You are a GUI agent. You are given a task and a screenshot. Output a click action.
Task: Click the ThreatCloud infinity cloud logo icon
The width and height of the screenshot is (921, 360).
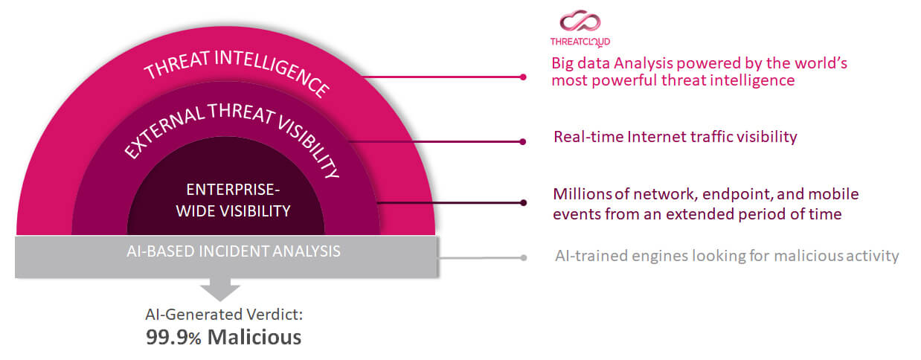(x=580, y=21)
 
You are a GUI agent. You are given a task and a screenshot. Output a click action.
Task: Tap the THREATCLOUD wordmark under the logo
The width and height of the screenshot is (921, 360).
(x=580, y=42)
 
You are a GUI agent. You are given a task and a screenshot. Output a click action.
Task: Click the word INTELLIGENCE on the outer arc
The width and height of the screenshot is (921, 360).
(x=272, y=72)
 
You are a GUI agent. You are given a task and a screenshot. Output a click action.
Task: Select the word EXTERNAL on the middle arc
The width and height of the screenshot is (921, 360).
(x=164, y=131)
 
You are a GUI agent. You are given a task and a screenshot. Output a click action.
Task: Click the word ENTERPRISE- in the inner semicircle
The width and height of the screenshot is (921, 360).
(x=233, y=190)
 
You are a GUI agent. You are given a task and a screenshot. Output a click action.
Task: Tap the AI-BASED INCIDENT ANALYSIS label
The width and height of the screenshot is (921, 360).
(x=234, y=251)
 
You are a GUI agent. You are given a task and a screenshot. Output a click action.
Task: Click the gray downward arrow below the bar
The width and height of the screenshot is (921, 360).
(x=220, y=289)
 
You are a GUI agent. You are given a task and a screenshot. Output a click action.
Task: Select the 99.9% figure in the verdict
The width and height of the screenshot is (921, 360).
(x=173, y=337)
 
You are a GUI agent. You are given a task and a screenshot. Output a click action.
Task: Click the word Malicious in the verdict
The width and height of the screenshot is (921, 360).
(x=254, y=337)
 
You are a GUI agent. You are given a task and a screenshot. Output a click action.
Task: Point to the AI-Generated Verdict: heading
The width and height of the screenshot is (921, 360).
(x=224, y=315)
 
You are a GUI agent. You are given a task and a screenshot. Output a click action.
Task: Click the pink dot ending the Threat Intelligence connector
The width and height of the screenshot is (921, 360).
(x=523, y=77)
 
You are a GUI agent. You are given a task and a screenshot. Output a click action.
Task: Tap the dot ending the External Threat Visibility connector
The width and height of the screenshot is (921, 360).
(x=522, y=142)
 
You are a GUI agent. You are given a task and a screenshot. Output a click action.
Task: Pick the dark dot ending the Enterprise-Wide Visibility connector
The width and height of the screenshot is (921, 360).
(x=523, y=202)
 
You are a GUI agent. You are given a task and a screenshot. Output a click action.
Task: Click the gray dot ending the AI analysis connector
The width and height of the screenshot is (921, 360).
(x=523, y=257)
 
